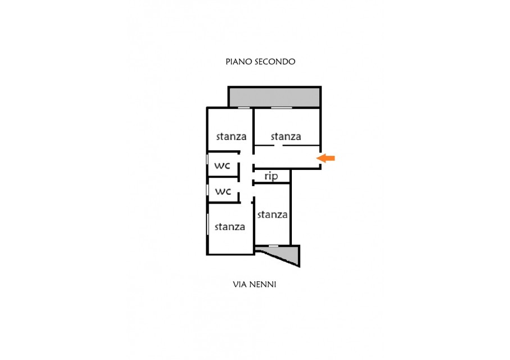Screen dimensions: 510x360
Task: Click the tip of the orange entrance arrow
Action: [x=317, y=159]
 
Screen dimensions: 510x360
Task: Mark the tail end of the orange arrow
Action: [x=335, y=159]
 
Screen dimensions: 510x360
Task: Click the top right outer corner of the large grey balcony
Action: [x=322, y=86]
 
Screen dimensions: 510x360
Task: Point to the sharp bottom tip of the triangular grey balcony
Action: [x=300, y=267]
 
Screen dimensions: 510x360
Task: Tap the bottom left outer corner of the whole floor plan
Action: [x=206, y=255]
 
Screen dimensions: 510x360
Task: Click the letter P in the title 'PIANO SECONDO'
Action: [x=228, y=61]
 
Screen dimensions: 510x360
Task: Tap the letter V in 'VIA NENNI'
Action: [x=236, y=285]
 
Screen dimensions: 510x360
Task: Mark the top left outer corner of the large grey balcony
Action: [x=228, y=86]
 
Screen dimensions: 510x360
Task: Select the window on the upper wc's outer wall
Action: [x=207, y=159]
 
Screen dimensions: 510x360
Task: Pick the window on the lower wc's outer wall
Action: [x=207, y=190]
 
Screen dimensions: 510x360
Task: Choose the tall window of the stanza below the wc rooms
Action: [x=207, y=224]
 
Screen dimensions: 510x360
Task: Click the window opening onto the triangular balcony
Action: [x=273, y=246]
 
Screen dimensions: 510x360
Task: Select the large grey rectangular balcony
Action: [x=274, y=97]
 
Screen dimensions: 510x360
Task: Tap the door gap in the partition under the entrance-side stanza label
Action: [x=279, y=145]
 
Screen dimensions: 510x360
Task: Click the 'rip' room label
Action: [x=271, y=176]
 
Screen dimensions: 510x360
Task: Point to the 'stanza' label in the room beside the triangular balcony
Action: [x=272, y=214]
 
